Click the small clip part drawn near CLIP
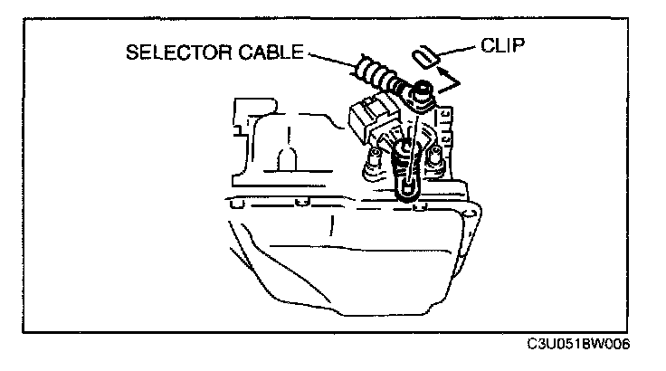point(423,57)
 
